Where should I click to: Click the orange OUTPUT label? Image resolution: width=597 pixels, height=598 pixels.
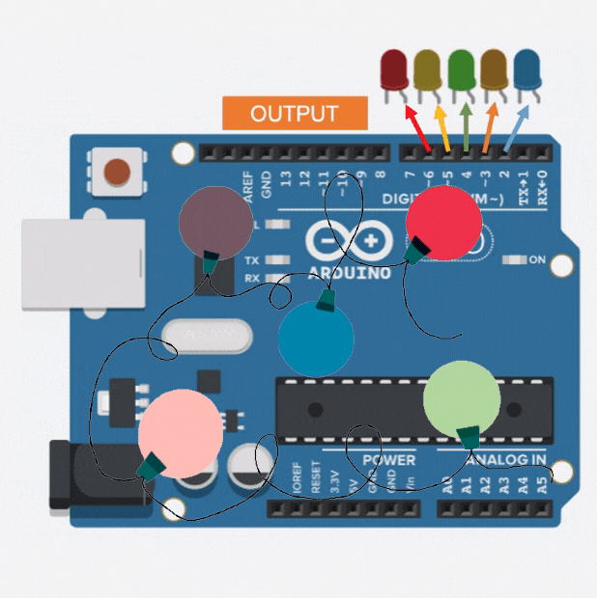(295, 113)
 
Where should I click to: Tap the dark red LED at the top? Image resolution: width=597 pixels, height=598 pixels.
(394, 68)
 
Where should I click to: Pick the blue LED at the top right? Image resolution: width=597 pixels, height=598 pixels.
(527, 68)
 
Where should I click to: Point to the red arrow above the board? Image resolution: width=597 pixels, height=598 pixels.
(418, 128)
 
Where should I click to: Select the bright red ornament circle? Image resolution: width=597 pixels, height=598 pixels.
(443, 221)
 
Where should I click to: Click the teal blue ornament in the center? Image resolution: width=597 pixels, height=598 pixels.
(316, 339)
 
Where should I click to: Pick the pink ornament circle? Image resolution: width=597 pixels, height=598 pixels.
(181, 432)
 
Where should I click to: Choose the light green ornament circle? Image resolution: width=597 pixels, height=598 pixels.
(462, 399)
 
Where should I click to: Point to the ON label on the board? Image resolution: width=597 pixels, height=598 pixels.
(537, 260)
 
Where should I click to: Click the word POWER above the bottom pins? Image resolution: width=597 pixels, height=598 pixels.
(388, 460)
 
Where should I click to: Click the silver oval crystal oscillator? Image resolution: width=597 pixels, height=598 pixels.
(207, 336)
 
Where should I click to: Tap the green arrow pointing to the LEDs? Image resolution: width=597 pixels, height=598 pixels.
(466, 127)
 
